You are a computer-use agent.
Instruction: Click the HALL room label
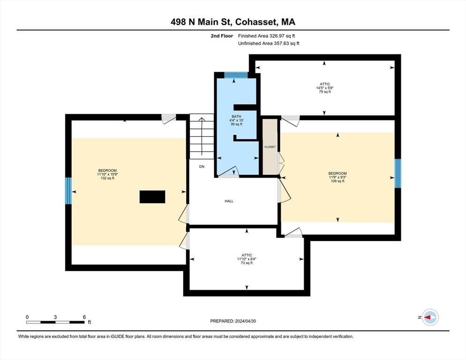click(x=229, y=201)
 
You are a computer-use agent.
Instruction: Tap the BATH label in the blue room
click(x=236, y=116)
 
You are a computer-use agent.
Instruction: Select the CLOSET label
click(x=270, y=147)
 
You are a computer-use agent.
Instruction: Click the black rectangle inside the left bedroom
click(x=152, y=196)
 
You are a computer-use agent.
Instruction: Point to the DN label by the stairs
click(x=202, y=166)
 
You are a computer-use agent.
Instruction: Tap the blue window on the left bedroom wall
click(x=68, y=190)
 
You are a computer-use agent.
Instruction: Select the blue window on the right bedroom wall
click(x=398, y=173)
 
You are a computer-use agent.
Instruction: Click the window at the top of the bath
click(x=235, y=75)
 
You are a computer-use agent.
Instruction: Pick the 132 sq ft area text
click(x=107, y=178)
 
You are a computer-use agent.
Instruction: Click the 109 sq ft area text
click(x=338, y=181)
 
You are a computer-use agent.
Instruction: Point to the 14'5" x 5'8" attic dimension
click(x=324, y=88)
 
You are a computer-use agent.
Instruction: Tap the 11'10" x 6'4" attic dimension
click(x=247, y=259)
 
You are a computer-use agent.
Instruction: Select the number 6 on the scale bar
click(x=84, y=317)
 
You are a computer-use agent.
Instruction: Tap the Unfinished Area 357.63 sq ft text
click(x=269, y=43)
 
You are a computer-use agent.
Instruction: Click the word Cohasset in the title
click(x=256, y=22)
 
